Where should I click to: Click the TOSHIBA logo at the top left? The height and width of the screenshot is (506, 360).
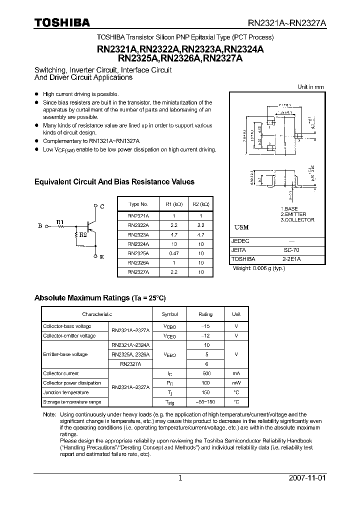click(61, 22)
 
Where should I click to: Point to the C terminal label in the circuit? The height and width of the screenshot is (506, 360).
click(102, 206)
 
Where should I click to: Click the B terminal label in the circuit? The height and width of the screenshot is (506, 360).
click(40, 226)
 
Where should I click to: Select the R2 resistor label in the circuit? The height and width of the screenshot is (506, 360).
click(83, 234)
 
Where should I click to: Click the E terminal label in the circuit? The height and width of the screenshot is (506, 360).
click(102, 257)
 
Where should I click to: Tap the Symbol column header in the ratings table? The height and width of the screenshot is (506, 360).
click(169, 314)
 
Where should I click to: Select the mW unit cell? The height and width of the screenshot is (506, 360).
click(236, 383)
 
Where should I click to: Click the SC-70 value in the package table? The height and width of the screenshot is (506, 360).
click(291, 250)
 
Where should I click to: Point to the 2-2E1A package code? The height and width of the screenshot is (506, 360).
click(291, 259)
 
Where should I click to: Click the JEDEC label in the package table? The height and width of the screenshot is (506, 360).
click(240, 240)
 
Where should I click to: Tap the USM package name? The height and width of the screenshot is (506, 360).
click(241, 227)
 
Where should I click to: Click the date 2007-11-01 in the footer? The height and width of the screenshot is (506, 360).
click(307, 478)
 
